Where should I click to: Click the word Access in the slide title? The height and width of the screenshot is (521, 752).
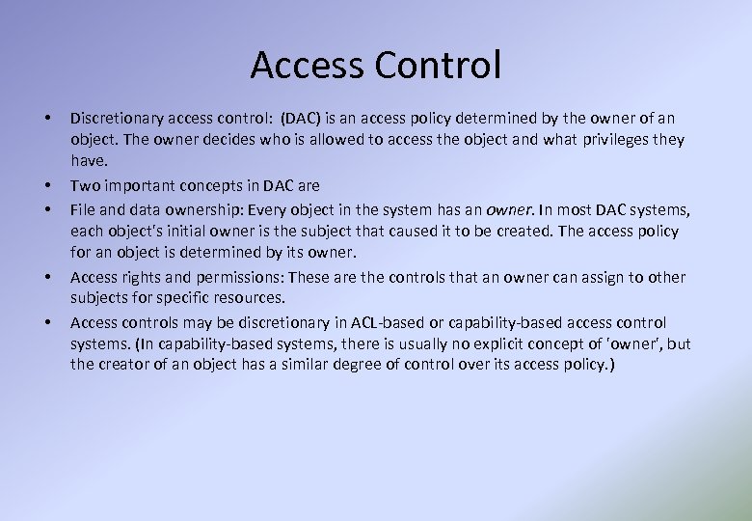(x=309, y=66)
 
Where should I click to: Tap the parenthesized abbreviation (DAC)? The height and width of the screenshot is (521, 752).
(x=303, y=119)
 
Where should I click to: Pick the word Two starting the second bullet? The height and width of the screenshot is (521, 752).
(x=84, y=185)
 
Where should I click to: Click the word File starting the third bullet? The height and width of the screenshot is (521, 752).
(x=84, y=209)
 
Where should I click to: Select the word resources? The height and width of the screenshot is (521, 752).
(x=251, y=298)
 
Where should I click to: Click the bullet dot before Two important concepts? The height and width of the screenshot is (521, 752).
(x=46, y=185)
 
